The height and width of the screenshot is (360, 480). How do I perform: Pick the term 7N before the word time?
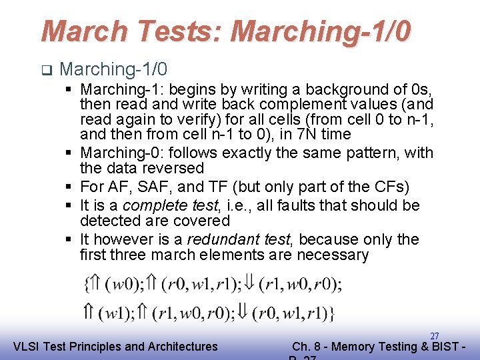(x=305, y=134)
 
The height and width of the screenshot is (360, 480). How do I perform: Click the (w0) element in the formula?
(x=125, y=285)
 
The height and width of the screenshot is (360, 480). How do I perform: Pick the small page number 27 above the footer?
(x=434, y=336)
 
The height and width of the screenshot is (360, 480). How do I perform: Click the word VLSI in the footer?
(x=26, y=346)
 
